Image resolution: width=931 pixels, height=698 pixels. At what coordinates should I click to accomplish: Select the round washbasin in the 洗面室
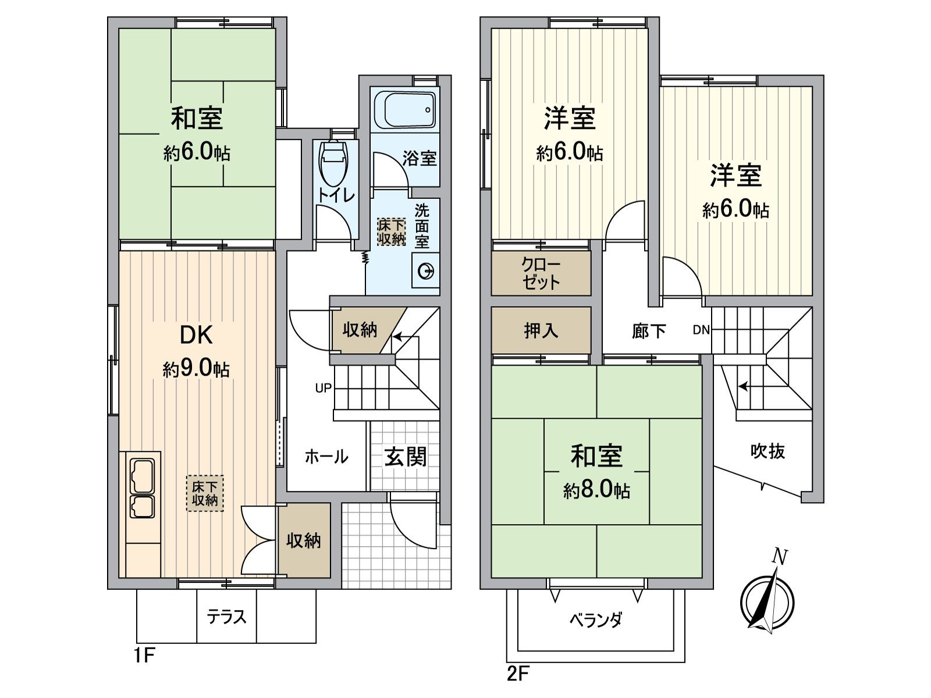click(x=426, y=271)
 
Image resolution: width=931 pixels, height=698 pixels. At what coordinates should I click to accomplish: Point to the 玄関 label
click(x=405, y=457)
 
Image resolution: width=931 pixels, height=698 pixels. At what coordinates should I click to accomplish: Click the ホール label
click(x=326, y=457)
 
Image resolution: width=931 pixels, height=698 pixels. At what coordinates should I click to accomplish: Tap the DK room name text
click(x=196, y=335)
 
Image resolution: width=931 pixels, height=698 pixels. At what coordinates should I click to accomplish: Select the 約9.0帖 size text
click(x=196, y=369)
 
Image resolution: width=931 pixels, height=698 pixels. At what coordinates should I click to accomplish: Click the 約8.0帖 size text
click(x=596, y=490)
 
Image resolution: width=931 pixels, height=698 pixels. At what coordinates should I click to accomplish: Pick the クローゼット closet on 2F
click(x=541, y=273)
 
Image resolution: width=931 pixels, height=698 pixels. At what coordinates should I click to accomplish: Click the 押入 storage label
click(x=541, y=330)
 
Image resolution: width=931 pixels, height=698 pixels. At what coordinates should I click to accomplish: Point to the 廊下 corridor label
click(x=649, y=331)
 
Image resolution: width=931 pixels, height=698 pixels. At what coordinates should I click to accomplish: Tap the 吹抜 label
click(x=767, y=451)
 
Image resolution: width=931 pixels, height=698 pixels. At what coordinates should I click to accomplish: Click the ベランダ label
click(x=596, y=620)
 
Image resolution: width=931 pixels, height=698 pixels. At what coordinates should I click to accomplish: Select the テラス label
click(x=226, y=617)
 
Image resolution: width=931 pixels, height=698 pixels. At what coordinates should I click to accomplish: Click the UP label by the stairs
click(x=324, y=388)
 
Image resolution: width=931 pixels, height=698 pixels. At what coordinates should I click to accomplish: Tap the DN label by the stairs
click(x=701, y=330)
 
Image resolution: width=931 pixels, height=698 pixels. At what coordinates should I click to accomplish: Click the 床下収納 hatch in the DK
click(x=205, y=493)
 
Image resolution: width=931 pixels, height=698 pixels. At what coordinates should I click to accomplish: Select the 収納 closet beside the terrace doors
click(x=303, y=540)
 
